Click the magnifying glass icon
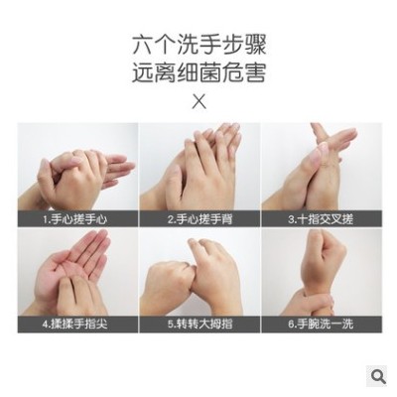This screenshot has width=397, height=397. (378, 376)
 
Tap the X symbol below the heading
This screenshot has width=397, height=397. (198, 102)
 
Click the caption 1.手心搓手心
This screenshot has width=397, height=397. (75, 219)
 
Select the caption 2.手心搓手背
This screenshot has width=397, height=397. (199, 219)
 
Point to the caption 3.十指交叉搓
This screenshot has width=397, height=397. (321, 219)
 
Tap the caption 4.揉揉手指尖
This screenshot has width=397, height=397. (75, 324)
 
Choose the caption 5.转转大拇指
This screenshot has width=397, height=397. (199, 324)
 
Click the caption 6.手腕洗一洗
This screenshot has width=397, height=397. (321, 324)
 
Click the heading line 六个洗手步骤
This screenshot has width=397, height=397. (199, 46)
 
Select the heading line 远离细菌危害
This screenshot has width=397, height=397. (199, 72)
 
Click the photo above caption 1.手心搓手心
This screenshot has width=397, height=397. (77, 167)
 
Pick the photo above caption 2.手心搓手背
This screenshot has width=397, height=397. (199, 167)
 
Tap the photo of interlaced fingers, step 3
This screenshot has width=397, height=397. (322, 167)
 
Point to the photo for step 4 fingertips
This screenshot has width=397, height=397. (77, 272)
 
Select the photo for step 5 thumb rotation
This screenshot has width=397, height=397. (199, 272)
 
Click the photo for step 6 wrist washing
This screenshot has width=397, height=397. (322, 272)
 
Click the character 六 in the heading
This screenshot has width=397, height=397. (143, 46)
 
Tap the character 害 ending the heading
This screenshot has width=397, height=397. (255, 72)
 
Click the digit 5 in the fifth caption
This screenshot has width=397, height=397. (171, 325)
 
